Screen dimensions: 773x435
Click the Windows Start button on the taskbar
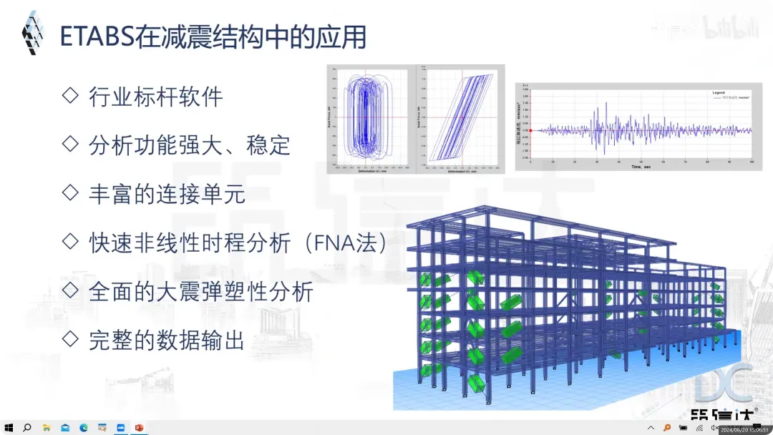tap(9, 428)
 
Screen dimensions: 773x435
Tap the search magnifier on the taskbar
tap(27, 428)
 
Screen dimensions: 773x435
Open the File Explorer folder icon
tap(46, 428)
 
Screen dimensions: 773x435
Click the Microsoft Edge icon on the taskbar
tap(84, 428)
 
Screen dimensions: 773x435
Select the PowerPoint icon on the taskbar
tap(140, 428)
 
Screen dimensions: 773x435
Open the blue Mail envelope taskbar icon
tap(64, 428)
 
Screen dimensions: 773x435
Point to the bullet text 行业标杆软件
tap(156, 97)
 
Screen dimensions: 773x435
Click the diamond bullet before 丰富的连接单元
tap(70, 192)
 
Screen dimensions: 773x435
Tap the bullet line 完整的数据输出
tap(166, 340)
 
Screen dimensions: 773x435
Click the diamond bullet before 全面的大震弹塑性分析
tap(70, 290)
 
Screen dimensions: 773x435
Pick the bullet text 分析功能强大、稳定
tap(189, 145)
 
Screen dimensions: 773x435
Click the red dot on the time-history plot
tap(530, 130)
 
